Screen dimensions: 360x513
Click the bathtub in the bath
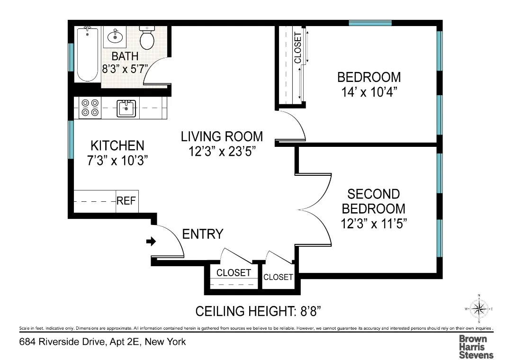(87, 54)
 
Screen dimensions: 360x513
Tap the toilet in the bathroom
(147, 38)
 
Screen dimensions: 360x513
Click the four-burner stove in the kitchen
(90, 108)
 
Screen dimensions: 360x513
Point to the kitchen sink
(126, 108)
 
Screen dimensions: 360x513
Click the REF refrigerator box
(126, 201)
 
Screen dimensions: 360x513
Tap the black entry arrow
(151, 242)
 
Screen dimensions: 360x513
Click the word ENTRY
(203, 234)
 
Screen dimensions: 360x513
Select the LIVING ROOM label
(222, 136)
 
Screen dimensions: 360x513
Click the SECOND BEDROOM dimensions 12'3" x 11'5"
(374, 223)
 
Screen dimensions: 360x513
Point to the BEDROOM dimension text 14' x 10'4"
(369, 91)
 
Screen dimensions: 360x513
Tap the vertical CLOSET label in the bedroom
(297, 47)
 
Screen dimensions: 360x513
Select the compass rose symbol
(479, 309)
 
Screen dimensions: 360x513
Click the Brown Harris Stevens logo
(476, 347)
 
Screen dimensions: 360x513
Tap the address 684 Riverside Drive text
(102, 342)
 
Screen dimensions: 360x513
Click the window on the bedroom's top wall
(370, 23)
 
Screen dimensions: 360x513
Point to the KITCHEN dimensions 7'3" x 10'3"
(117, 160)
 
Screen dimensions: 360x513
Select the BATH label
(125, 56)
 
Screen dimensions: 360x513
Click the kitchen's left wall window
(71, 140)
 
